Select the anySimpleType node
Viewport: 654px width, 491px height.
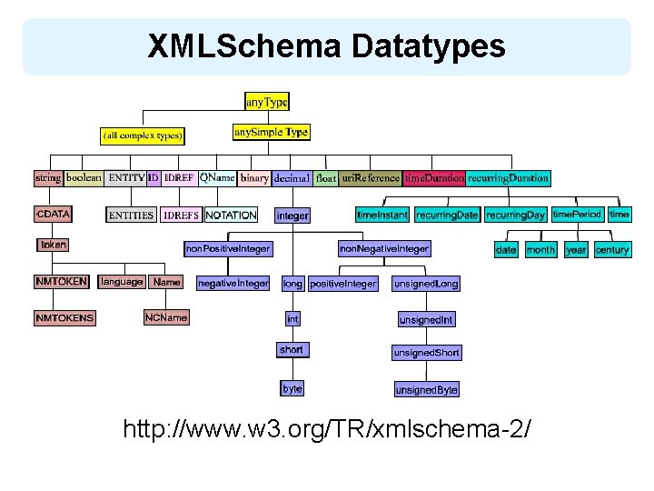point(271,133)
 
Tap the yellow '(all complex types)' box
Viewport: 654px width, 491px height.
point(143,136)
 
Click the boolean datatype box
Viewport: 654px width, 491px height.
point(84,178)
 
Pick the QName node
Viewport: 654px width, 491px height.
point(217,178)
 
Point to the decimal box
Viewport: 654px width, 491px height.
point(292,178)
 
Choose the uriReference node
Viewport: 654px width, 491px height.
point(371,178)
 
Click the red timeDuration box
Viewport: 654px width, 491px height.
point(434,178)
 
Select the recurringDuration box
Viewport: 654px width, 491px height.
point(508,178)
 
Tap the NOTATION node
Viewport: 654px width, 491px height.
point(231,215)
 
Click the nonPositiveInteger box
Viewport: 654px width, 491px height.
point(227,248)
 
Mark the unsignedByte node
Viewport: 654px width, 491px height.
point(426,390)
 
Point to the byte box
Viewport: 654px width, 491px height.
point(292,388)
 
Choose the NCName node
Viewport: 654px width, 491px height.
point(166,317)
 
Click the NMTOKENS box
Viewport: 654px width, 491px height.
point(64,318)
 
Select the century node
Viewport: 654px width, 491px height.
point(612,249)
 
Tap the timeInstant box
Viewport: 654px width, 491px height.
point(382,215)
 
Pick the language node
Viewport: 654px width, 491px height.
point(122,282)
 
